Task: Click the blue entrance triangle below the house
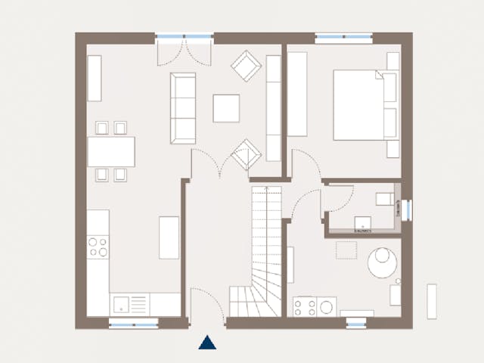pyautogui.click(x=207, y=343)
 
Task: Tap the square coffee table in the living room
pyautogui.click(x=226, y=107)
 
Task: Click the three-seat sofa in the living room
pyautogui.click(x=183, y=107)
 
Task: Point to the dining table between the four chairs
pyautogui.click(x=111, y=151)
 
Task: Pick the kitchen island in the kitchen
pyautogui.click(x=169, y=237)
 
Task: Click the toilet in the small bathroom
pyautogui.click(x=385, y=200)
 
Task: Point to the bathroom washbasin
pyautogui.click(x=364, y=223)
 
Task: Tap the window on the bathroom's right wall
pyautogui.click(x=407, y=209)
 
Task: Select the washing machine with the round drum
pyautogui.click(x=327, y=306)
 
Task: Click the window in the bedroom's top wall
pyautogui.click(x=344, y=36)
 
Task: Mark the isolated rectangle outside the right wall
pyautogui.click(x=432, y=301)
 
